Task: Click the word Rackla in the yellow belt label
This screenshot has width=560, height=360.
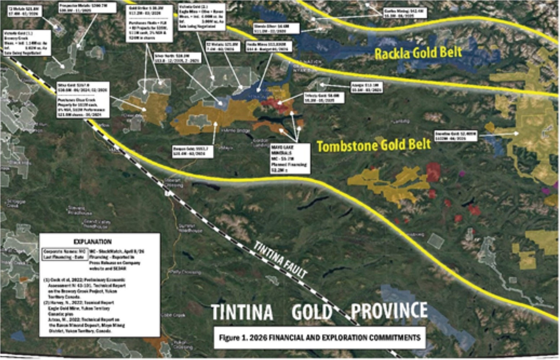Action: [x=392, y=54]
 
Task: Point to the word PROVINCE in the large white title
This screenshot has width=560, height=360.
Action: [x=389, y=311]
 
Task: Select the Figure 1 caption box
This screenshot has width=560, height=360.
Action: [x=319, y=338]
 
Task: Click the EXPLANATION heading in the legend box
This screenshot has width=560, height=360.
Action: [x=92, y=242]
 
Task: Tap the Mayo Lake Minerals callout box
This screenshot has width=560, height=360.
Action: [x=290, y=158]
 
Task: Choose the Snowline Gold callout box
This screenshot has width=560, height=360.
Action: [x=455, y=135]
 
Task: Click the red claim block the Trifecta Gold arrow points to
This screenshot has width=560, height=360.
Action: [x=276, y=103]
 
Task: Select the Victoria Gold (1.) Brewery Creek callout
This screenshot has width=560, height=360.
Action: [x=26, y=43]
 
